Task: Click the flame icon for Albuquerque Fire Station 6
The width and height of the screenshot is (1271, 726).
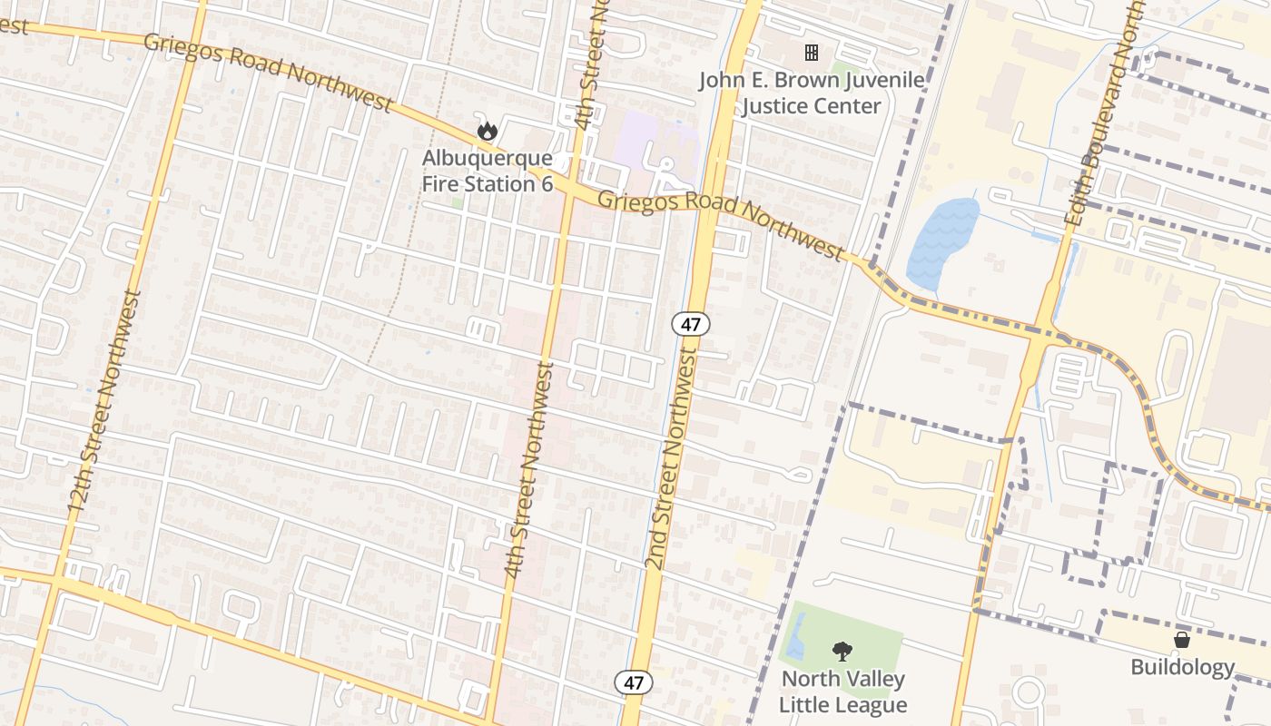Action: (488, 131)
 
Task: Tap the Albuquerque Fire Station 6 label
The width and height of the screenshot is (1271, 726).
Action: (488, 171)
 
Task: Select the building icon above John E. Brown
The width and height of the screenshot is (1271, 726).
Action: (812, 53)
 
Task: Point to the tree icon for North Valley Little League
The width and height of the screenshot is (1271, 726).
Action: (842, 651)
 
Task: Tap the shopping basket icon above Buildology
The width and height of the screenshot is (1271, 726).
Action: (1182, 640)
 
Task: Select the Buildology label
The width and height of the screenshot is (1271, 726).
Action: (1182, 668)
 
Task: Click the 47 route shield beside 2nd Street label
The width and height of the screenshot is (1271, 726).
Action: (691, 323)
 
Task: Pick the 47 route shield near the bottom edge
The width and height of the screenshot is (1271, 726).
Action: (634, 682)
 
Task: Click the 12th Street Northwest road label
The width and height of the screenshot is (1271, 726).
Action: (106, 404)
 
